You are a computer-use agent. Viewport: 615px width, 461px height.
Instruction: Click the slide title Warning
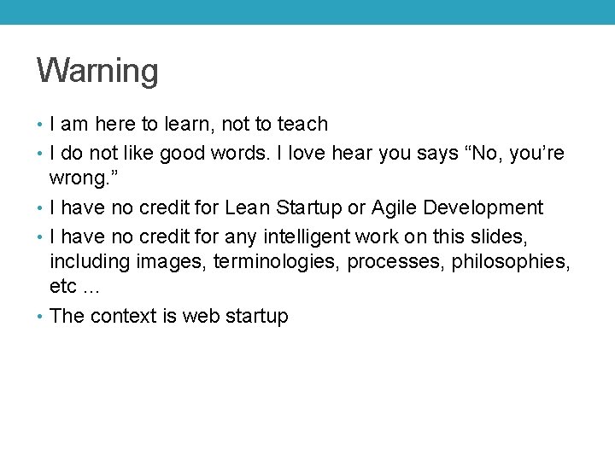(97, 71)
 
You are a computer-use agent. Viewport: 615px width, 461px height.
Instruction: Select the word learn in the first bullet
(190, 125)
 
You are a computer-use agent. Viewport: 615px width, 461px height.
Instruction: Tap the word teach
(302, 125)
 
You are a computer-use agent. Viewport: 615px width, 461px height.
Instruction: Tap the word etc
(64, 286)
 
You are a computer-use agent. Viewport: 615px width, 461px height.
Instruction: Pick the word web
(201, 317)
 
